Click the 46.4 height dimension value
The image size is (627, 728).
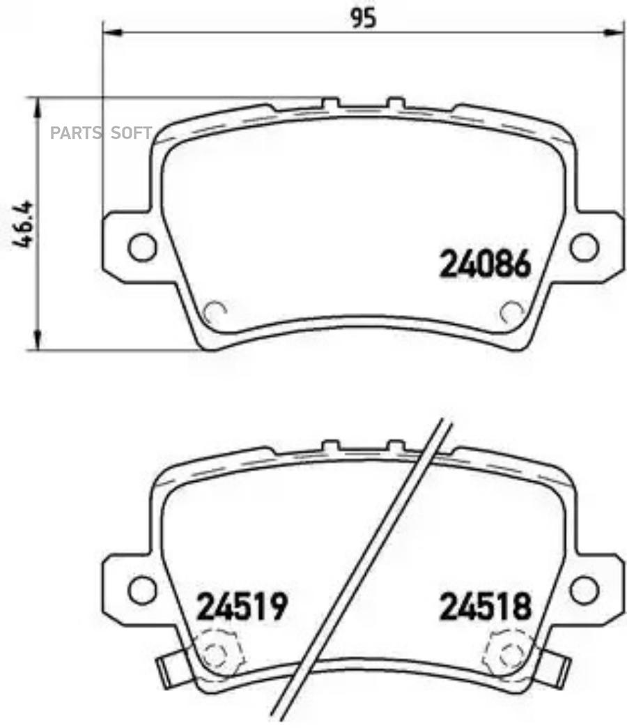[22, 224]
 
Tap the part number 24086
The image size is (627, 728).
[485, 264]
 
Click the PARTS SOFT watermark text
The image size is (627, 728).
[101, 133]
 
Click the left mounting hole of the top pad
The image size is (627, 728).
[142, 247]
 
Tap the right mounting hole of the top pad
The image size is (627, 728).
[585, 247]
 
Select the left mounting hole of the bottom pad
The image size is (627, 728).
[142, 590]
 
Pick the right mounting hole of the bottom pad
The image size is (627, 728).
[585, 590]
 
